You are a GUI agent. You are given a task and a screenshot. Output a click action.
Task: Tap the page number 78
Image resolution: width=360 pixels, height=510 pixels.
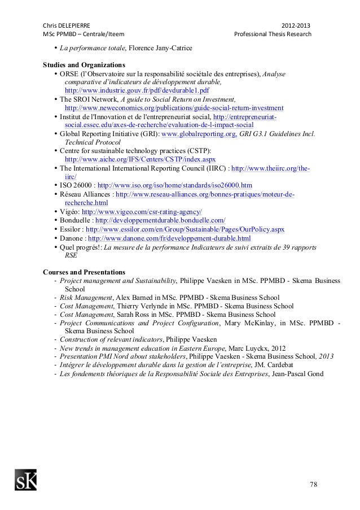pos(313,485)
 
